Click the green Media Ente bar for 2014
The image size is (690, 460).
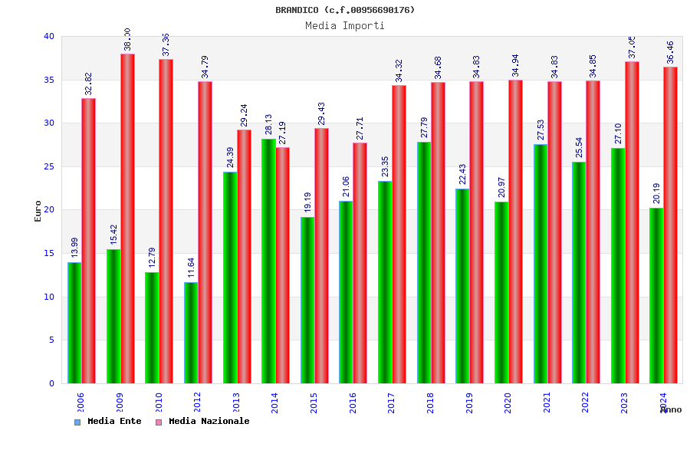click(268, 261)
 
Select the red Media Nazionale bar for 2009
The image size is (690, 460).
click(127, 219)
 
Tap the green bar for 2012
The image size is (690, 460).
click(191, 333)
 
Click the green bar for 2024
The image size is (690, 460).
click(656, 295)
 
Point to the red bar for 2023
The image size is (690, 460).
click(632, 222)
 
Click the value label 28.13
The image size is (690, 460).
click(268, 124)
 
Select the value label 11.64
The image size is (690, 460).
click(191, 268)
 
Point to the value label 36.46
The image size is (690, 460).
click(670, 52)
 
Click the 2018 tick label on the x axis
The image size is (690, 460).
click(430, 403)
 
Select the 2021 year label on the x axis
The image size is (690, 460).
click(547, 403)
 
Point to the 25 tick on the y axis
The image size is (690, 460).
click(49, 166)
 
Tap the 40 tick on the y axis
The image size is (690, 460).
click(49, 36)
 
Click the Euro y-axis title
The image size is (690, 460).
click(38, 211)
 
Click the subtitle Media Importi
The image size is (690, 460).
click(345, 25)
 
